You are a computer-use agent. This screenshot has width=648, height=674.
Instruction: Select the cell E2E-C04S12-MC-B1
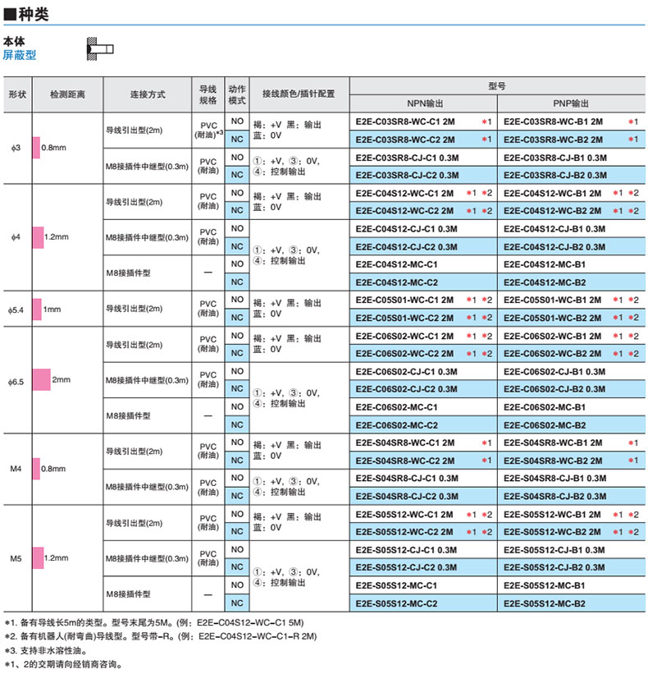(x=545, y=264)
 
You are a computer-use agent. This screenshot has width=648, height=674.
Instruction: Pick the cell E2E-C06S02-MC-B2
(x=545, y=424)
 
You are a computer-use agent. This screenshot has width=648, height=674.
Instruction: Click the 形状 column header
(x=17, y=94)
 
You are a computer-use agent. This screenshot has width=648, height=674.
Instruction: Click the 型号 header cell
(x=497, y=85)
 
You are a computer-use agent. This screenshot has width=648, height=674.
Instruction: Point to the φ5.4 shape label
(x=16, y=309)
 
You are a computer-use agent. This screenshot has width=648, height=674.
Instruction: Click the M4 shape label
(x=16, y=468)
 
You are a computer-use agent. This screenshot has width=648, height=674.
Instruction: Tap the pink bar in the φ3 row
(x=35, y=148)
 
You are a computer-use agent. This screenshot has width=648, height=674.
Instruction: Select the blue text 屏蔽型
(x=20, y=56)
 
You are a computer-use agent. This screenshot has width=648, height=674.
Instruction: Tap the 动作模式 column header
(x=238, y=94)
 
